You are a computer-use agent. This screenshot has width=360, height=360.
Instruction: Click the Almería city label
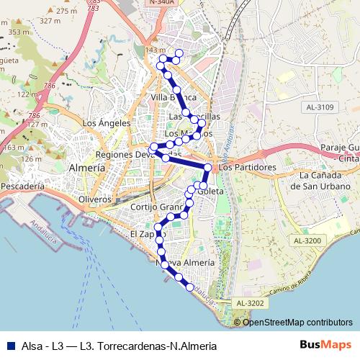click(86, 167)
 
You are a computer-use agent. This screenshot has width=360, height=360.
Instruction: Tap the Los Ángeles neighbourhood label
click(106, 123)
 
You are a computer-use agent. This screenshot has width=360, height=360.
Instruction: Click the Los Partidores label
click(247, 167)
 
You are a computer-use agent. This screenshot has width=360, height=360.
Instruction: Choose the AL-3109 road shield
click(320, 107)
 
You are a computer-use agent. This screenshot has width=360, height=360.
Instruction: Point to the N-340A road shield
click(163, 3)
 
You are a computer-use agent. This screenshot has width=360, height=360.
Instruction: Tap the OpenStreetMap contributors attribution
click(297, 322)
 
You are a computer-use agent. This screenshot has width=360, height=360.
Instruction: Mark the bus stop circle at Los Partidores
click(208, 168)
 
